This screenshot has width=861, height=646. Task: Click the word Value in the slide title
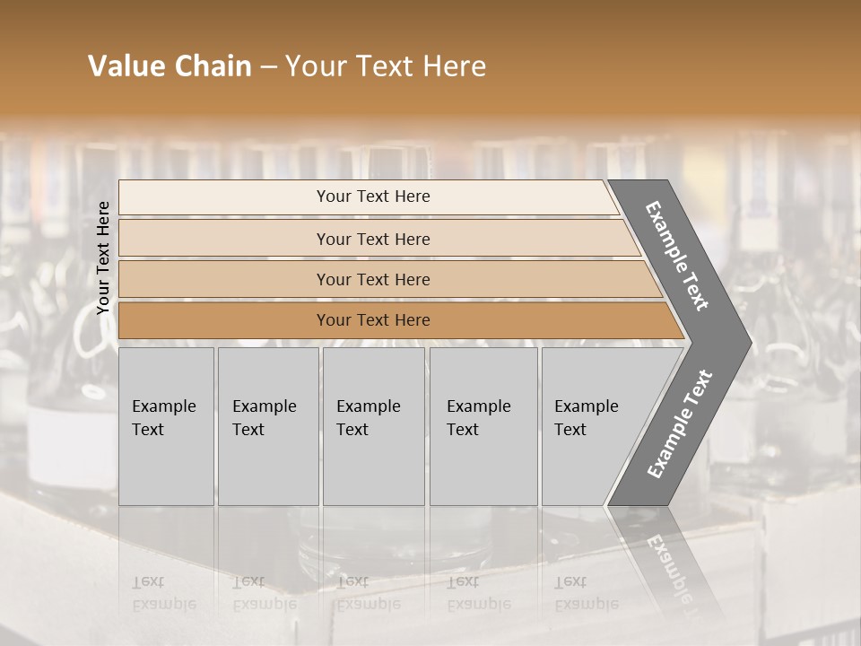tap(123, 66)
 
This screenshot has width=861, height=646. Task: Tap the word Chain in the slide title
tap(208, 66)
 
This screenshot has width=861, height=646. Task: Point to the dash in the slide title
tap(268, 67)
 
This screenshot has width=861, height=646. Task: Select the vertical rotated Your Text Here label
tap(103, 258)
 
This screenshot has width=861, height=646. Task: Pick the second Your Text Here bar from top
tap(373, 239)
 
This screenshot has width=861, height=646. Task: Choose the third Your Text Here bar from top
tap(373, 279)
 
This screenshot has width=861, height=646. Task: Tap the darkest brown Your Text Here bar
tap(373, 320)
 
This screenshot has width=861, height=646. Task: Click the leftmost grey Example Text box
tap(166, 426)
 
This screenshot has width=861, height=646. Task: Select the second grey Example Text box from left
tap(268, 426)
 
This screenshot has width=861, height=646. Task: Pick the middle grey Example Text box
tap(373, 426)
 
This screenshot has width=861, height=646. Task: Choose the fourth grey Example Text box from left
tap(483, 426)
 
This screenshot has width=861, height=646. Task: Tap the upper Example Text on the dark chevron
tap(677, 256)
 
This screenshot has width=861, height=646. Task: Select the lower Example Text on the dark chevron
tap(679, 424)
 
